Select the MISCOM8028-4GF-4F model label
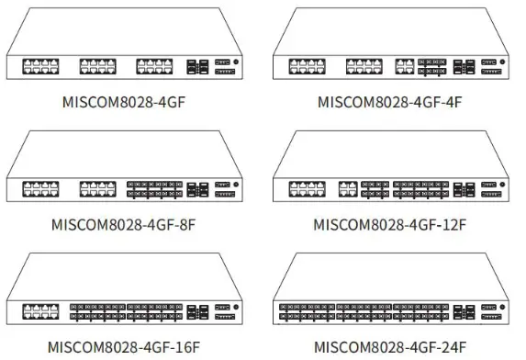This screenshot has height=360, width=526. click(389, 100)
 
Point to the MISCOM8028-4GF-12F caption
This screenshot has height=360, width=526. click(389, 223)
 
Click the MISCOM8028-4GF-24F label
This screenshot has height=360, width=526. click(389, 347)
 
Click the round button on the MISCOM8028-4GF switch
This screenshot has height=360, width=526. click(237, 62)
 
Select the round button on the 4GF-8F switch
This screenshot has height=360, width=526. click(237, 185)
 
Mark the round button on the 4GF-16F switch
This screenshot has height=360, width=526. click(237, 309)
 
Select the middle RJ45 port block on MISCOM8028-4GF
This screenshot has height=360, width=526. click(97, 66)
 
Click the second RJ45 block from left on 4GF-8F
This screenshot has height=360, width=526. click(97, 189)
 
